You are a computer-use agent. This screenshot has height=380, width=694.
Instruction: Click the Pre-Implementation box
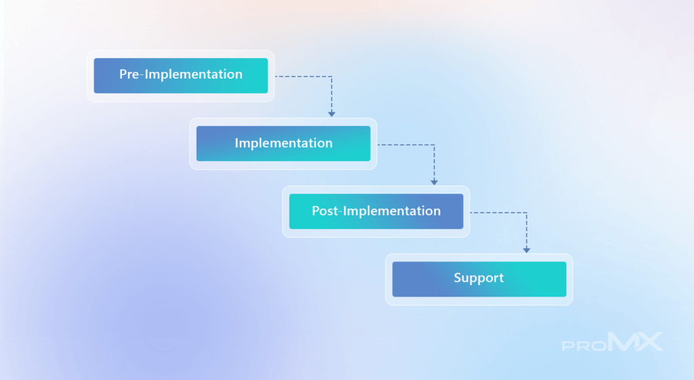point(180,76)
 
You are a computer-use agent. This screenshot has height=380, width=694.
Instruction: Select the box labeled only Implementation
point(283,144)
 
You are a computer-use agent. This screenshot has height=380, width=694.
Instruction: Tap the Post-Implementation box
point(376,211)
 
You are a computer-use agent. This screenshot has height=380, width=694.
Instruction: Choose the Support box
point(479,279)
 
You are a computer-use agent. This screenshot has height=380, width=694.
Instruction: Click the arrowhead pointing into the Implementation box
point(331,114)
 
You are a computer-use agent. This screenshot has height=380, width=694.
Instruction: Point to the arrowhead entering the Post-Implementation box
point(434,182)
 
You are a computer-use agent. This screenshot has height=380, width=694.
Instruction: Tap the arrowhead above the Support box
point(527,251)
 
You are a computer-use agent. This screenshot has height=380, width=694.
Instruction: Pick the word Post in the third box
point(325,211)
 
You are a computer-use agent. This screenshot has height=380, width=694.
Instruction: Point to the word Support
point(479,278)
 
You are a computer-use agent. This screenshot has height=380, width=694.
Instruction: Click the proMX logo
point(613,342)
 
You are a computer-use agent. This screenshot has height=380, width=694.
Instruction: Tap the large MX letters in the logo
point(636,341)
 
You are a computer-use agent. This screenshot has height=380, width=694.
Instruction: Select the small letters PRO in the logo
point(584,345)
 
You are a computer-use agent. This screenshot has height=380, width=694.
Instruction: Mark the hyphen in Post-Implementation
point(341,212)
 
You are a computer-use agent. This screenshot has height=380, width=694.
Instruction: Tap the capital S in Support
point(457,277)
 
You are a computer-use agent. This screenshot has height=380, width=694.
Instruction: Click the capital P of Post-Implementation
point(316,211)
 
